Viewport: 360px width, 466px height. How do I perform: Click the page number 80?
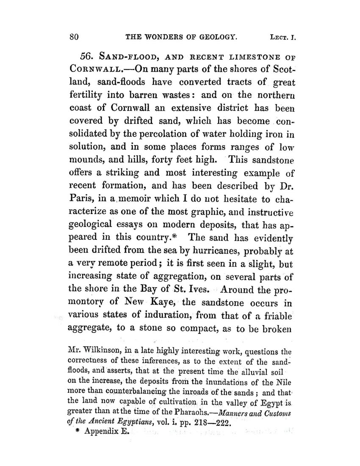(75, 37)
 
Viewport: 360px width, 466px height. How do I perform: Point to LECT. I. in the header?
(282, 37)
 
